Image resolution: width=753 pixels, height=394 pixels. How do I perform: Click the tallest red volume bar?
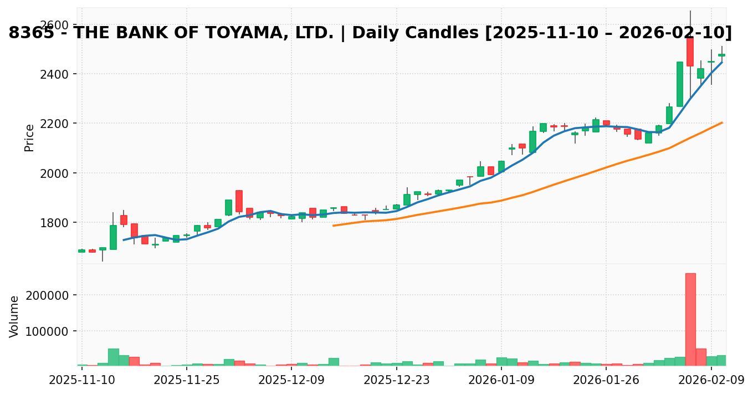(690, 319)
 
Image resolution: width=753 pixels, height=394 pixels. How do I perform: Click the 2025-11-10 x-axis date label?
(82, 380)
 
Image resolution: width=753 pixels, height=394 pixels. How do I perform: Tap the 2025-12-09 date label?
(291, 380)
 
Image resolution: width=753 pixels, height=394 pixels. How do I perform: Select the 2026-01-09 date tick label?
(501, 380)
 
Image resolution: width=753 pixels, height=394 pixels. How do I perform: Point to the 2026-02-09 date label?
(711, 380)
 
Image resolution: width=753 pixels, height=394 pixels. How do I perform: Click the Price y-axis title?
(29, 137)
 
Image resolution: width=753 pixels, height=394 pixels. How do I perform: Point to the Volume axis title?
(14, 316)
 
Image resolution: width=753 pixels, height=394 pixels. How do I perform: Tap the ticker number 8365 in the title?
(31, 33)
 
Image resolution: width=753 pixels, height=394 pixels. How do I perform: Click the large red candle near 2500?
(690, 52)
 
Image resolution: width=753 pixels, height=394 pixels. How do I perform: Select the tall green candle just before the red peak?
(679, 84)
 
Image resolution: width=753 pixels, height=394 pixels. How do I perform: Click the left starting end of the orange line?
(333, 226)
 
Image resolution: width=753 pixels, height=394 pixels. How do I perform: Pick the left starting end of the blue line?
(124, 240)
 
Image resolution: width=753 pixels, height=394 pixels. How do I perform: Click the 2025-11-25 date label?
(187, 380)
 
